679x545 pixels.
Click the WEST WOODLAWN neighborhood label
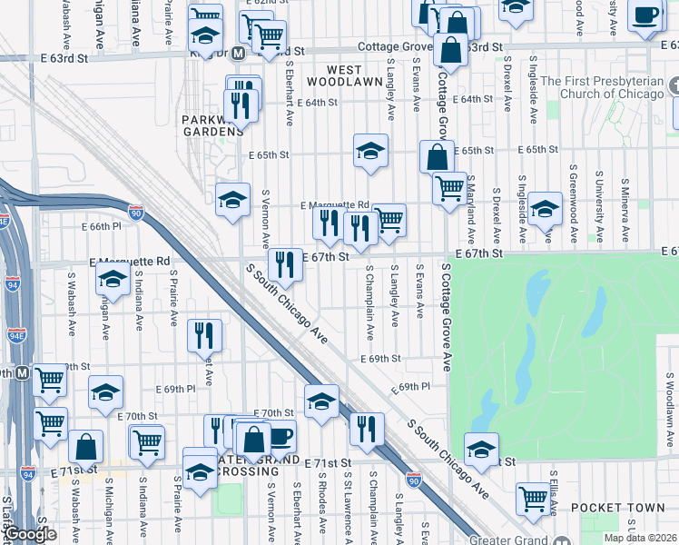point(330,75)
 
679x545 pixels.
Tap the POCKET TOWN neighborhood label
point(607,507)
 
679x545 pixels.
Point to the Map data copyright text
point(641,538)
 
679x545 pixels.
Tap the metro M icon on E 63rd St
point(238,54)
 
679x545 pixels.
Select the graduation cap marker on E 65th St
point(370,152)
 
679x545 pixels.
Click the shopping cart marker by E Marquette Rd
point(389,220)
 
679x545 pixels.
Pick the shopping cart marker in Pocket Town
point(532,498)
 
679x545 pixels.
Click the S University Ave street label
point(599,198)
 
